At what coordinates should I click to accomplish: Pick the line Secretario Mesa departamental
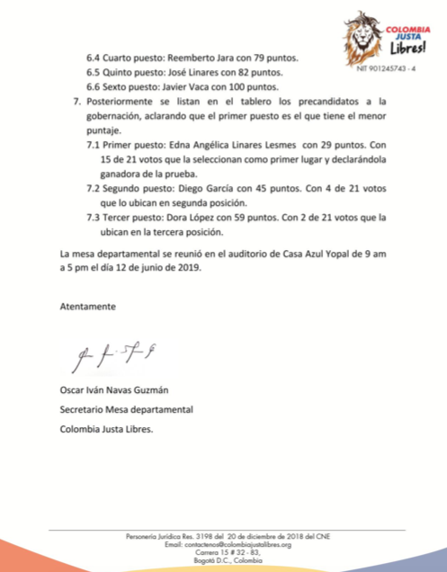(126, 409)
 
